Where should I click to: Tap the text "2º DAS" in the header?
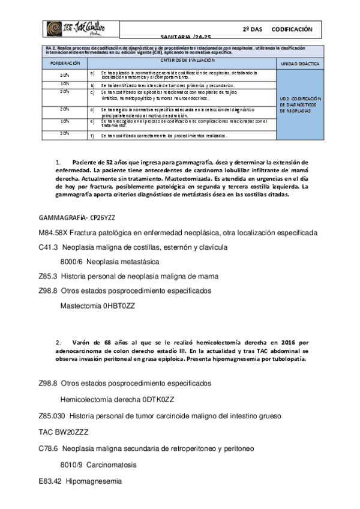click(253, 28)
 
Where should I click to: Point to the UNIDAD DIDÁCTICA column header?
click(300, 62)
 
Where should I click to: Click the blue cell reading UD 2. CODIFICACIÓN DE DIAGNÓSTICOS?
click(300, 104)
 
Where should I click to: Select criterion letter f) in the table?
click(92, 136)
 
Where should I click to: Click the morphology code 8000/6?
click(71, 261)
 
